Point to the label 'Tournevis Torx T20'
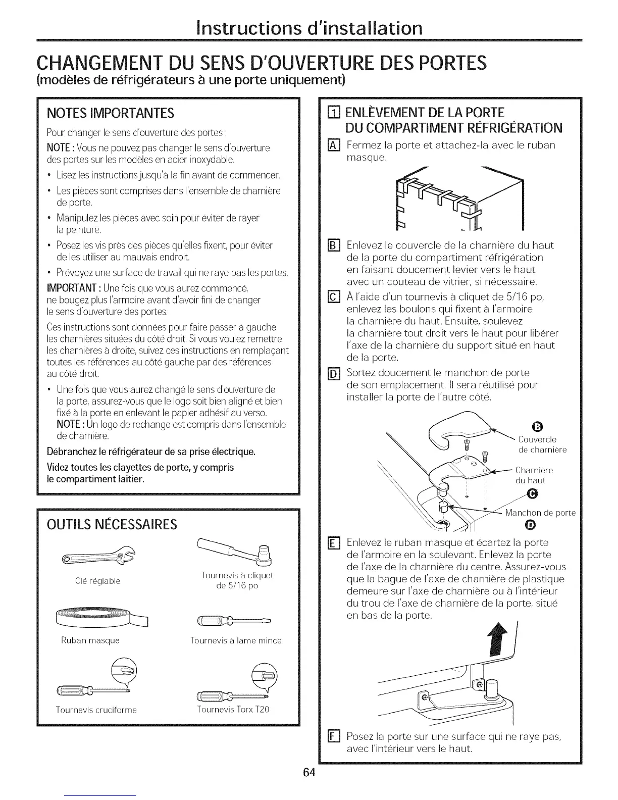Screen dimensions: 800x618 point(233,709)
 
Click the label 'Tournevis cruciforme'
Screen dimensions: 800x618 point(96,710)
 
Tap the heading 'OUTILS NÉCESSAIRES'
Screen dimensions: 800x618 point(112,525)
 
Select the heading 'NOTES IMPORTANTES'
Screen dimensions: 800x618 point(110,112)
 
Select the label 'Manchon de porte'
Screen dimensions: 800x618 point(540,513)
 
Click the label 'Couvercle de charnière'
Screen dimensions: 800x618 point(542,444)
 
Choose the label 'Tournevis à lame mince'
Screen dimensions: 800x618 point(235,640)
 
